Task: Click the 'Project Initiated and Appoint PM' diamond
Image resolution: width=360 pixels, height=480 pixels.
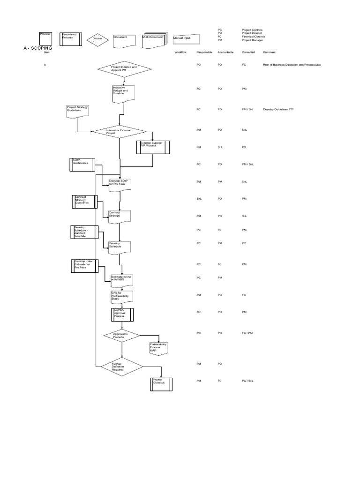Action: pos(124,69)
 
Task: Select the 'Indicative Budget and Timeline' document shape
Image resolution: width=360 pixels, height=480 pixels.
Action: pos(124,93)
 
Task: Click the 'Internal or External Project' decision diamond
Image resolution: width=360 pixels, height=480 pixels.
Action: pos(120,131)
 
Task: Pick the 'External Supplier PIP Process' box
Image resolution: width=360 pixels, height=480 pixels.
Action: pos(152,147)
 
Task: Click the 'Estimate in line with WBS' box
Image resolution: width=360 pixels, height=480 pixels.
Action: pos(122,280)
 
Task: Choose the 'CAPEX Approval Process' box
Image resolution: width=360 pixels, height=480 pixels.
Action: pos(122,314)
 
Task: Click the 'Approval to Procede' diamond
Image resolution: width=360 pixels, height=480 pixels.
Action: pos(121,336)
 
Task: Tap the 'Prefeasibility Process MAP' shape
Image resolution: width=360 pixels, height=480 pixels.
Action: pos(158,348)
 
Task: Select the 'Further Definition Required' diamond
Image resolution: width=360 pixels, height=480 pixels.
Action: pos(121,367)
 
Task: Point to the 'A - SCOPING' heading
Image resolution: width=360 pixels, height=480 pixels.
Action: pos(37,48)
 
